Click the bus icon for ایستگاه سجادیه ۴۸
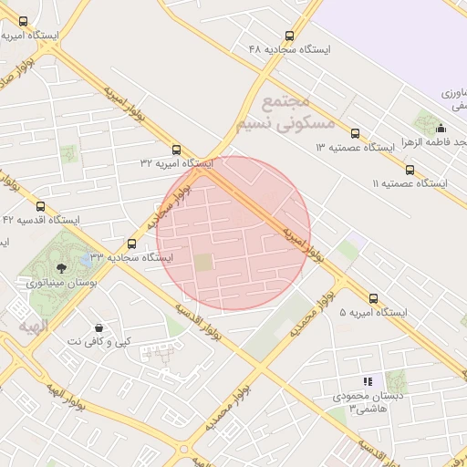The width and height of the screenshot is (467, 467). (289, 36)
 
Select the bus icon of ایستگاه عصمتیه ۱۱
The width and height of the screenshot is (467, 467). (409, 170)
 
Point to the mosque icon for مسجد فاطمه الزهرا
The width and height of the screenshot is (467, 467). (441, 129)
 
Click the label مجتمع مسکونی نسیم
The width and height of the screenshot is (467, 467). (297, 112)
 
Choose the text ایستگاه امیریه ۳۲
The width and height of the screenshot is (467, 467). (176, 162)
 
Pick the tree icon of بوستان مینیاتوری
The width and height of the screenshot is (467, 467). (61, 268)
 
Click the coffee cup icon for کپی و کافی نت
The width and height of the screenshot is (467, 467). (98, 327)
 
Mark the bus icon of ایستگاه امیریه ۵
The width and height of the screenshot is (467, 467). (374, 298)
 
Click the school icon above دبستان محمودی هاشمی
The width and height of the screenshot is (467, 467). (368, 381)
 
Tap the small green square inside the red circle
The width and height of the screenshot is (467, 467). (203, 263)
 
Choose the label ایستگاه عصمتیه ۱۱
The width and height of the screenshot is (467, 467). (410, 183)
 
